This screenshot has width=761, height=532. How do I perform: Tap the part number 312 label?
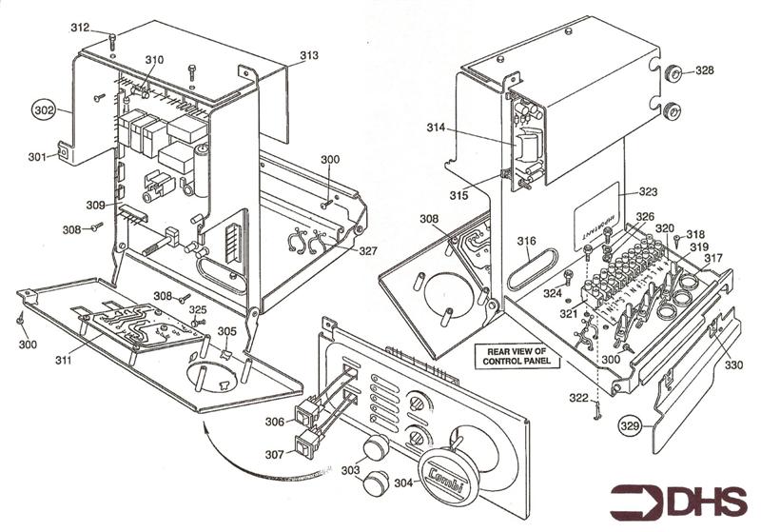[81, 28]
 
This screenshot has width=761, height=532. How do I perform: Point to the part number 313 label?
[308, 56]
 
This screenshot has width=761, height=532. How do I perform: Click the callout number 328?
[704, 70]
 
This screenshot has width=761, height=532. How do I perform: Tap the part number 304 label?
[403, 483]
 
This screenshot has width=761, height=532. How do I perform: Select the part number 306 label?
[274, 422]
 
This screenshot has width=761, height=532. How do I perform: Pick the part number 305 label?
[226, 331]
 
